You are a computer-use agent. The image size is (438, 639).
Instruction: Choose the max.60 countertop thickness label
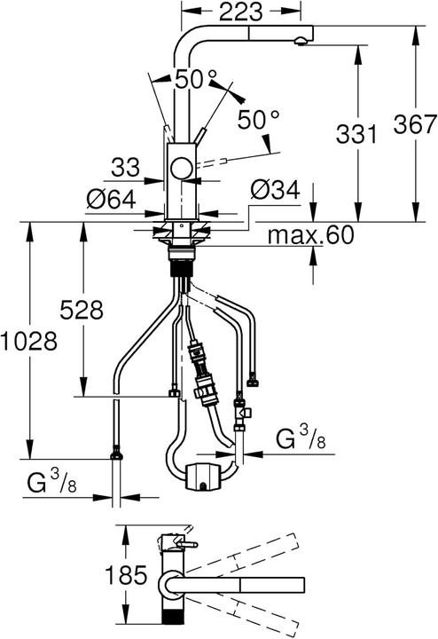click(x=312, y=235)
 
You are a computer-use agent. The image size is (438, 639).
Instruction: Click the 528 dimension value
click(x=81, y=310)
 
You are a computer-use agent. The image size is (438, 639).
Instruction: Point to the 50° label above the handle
click(x=196, y=79)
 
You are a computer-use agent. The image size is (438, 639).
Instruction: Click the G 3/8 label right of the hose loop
click(x=299, y=438)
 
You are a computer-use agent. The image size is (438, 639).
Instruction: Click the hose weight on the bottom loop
click(x=205, y=475)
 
